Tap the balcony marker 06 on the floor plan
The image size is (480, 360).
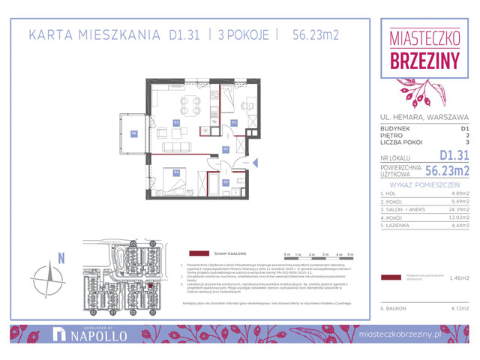coord(134,134)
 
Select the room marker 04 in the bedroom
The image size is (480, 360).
coord(176,172)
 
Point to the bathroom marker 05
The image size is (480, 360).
coord(226,182)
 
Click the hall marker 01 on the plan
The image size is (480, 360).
coord(226,149)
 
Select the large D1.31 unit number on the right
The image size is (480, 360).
coord(452,155)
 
